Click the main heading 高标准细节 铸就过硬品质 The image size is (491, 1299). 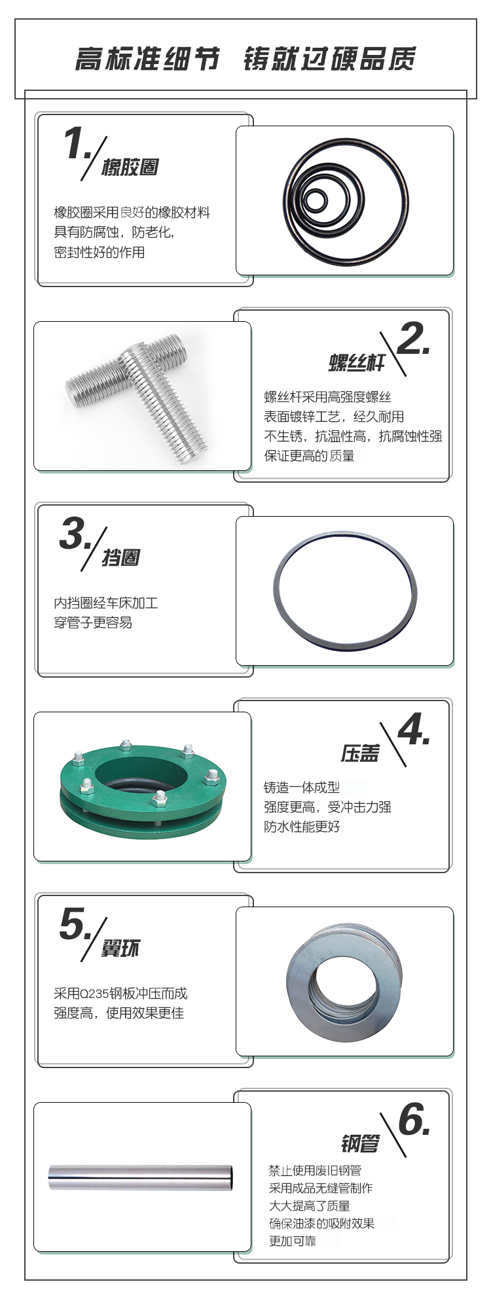pos(245,59)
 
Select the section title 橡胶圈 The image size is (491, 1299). pos(130,167)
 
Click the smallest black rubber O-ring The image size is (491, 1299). pos(316,200)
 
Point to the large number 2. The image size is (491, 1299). pos(412,339)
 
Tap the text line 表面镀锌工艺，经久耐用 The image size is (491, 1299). pos(334,417)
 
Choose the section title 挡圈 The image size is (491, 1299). pos(120,558)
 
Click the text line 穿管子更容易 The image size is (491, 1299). pos(93,623)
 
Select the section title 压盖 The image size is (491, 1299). pos(359,753)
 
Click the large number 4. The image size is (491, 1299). pos(413,729)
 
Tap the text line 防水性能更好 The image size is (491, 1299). pos(302,827)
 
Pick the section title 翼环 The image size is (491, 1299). pos(120,948)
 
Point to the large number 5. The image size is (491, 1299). pos(75,924)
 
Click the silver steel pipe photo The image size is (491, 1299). pos(141,1177)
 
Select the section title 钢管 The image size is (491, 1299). pos(359,1144)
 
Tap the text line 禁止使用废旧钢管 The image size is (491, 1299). pos(315,1170)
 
